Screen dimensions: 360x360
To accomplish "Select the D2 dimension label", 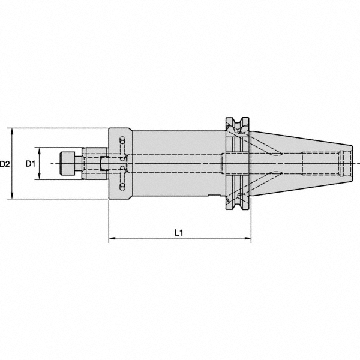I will (x=5, y=163).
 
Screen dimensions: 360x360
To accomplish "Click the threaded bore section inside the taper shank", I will (x=324, y=163).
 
